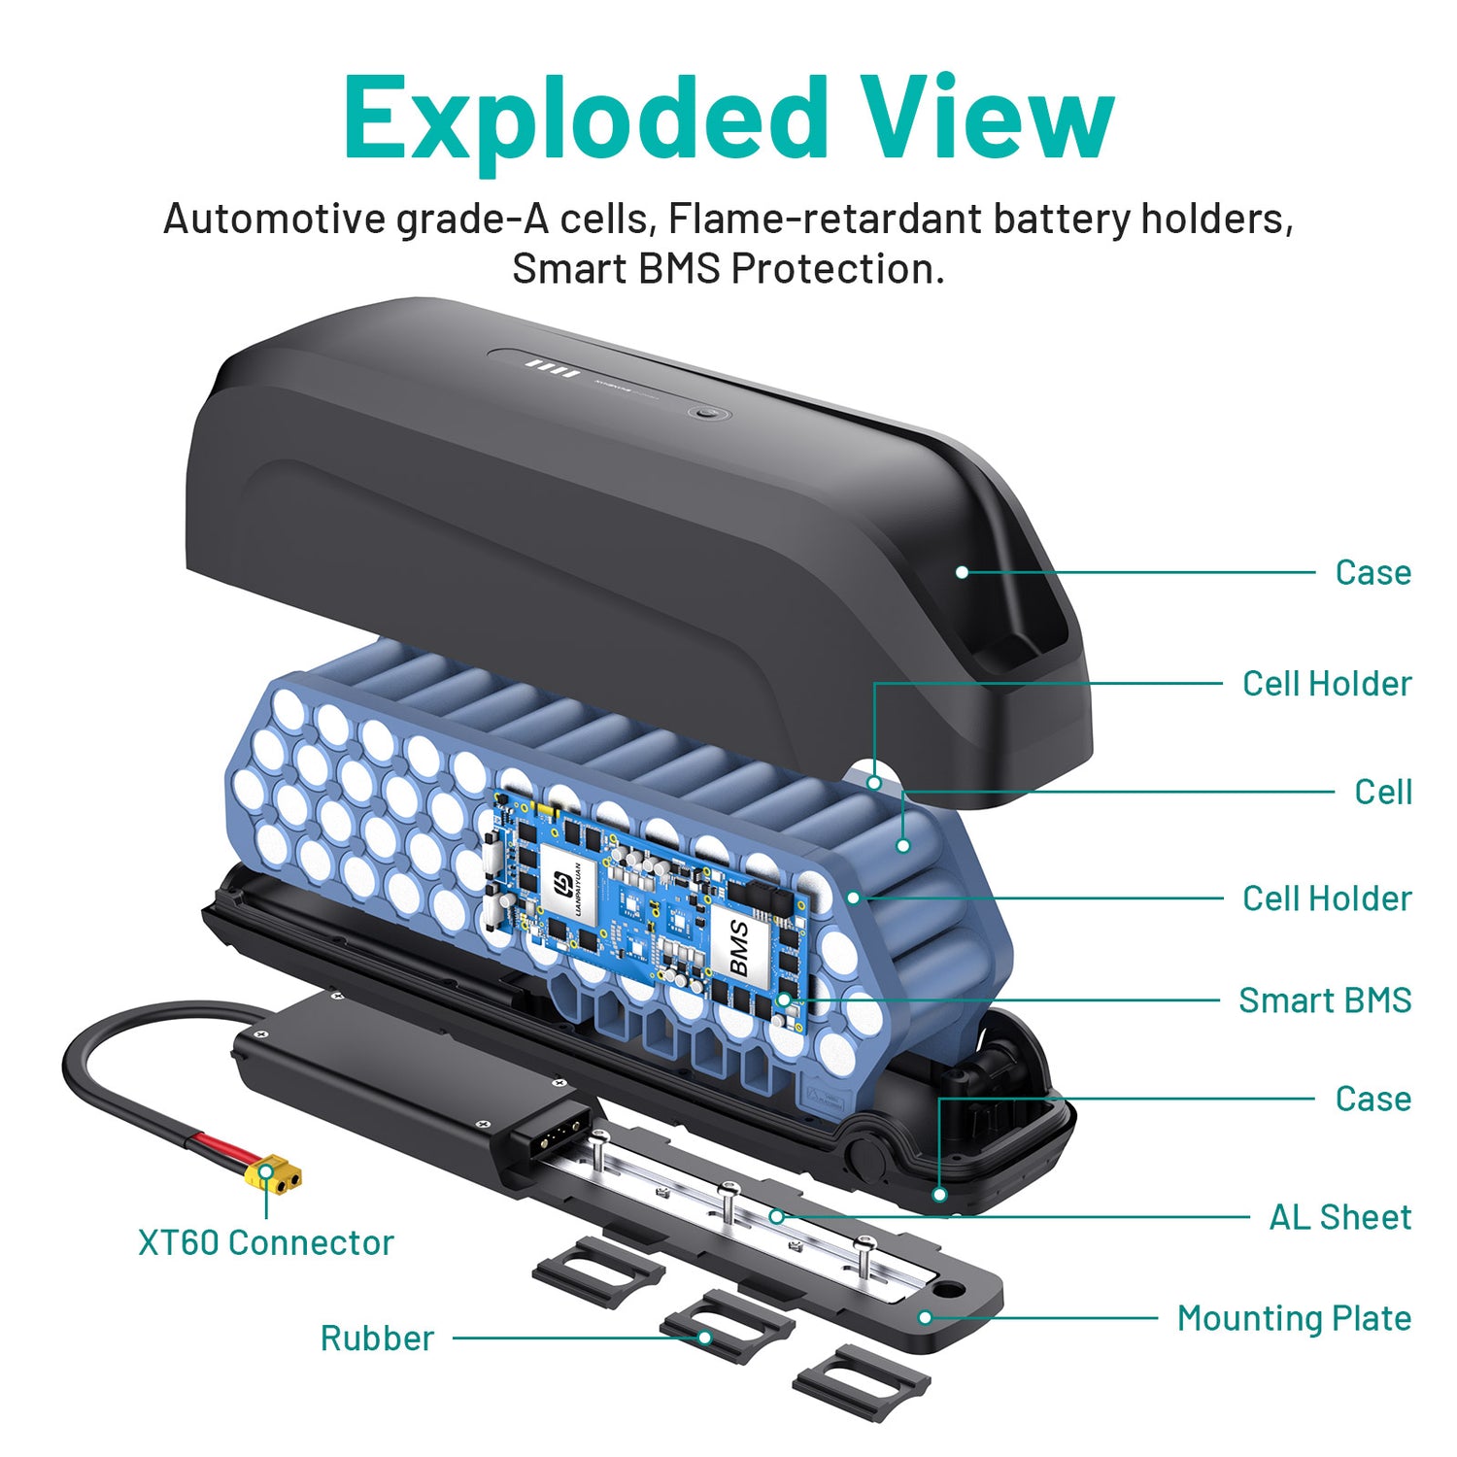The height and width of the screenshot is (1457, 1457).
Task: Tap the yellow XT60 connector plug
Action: click(273, 1174)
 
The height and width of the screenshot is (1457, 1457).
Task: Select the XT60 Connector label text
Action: click(266, 1242)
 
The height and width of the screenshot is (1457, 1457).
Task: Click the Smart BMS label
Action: click(1325, 1000)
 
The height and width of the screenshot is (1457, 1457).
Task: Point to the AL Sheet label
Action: click(1340, 1217)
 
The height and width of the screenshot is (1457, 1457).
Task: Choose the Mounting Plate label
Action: click(1294, 1318)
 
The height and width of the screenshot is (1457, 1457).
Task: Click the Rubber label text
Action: click(377, 1338)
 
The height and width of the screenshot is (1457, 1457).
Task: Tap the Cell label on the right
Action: click(1383, 792)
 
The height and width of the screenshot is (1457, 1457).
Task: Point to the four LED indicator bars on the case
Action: click(552, 369)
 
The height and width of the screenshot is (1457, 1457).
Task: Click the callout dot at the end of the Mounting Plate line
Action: click(926, 1318)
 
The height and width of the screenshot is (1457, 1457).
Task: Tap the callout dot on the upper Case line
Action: click(962, 572)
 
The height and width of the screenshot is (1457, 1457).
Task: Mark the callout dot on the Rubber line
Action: click(705, 1338)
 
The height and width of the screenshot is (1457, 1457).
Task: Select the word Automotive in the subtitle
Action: click(274, 219)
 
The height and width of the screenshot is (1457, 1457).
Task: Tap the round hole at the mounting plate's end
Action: click(948, 1291)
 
